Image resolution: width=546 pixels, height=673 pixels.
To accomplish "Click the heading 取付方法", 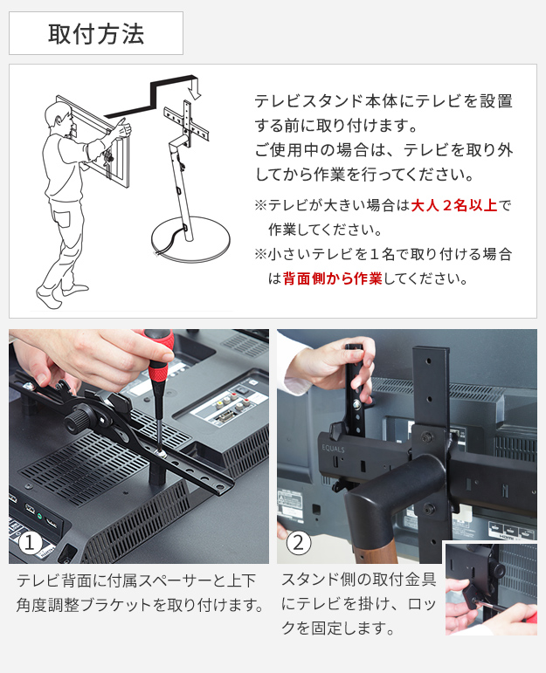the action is click(x=96, y=34).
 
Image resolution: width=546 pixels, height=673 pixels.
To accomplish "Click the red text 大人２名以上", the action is click(x=454, y=206).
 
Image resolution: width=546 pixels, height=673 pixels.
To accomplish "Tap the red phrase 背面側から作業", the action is click(x=332, y=278).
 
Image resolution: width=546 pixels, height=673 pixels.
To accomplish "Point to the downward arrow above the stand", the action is click(x=196, y=87).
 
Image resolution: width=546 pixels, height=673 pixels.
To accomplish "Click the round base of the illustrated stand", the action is click(x=190, y=238).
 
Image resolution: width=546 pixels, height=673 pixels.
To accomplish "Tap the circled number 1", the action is click(x=30, y=543).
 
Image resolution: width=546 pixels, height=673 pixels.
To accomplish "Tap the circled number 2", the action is click(x=298, y=544).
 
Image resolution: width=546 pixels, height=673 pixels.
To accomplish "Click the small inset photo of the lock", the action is click(x=491, y=589).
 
